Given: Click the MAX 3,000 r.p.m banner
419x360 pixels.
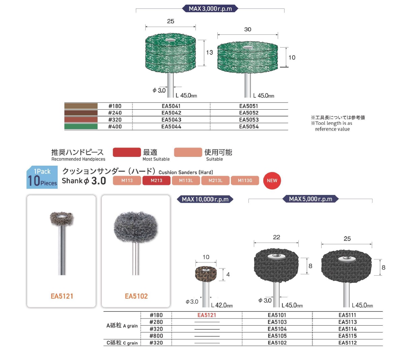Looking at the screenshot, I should point(210,8).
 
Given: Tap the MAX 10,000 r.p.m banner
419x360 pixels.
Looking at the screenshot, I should point(205,199).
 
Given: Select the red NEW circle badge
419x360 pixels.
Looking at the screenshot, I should point(272,181).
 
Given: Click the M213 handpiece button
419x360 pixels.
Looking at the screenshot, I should point(156,181).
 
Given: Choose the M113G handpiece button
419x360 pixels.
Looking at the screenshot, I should point(245,181).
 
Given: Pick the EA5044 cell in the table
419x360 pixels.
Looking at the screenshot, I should point(171,127).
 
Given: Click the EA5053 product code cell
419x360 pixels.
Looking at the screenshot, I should point(249,120).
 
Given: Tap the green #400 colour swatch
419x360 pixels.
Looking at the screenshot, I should point(81,127).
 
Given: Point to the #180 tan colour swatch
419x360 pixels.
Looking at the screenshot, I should point(81,106).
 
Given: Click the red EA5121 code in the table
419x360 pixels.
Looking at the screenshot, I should point(207,315).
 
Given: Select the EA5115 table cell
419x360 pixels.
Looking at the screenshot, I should point(347,336).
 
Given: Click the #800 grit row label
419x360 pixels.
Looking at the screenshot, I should point(156,336).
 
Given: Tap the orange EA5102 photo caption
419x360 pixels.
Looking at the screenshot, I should point(136,296).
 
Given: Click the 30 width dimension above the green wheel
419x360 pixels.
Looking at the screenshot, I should point(248,29).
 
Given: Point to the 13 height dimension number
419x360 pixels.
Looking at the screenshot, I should point(209,52).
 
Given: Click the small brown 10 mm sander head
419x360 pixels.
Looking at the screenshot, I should point(206,274).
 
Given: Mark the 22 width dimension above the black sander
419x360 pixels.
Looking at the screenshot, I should point(276,237).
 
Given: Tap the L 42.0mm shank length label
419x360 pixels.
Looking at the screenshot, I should point(222,305).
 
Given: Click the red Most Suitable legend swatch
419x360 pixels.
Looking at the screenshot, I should point(127,152).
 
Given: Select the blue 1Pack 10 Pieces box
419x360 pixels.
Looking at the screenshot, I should point(42,177).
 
